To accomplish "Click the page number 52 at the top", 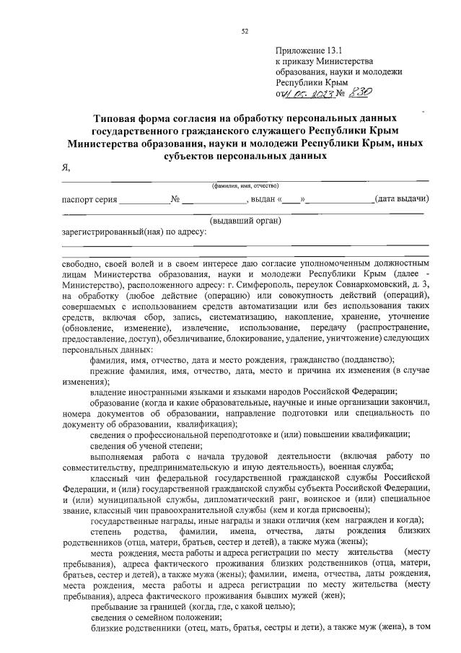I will point(245,31).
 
